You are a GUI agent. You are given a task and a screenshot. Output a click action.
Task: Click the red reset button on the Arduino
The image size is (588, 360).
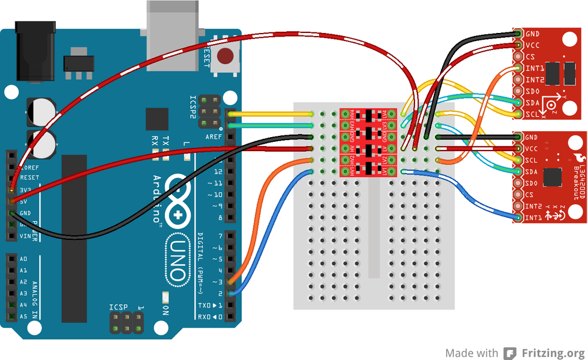224,56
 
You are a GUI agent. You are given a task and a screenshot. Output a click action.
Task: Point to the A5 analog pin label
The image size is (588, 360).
23,316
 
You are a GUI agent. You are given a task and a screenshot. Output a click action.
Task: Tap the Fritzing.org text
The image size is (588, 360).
553,353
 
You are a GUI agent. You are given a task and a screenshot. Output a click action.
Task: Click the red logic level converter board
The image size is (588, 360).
368,142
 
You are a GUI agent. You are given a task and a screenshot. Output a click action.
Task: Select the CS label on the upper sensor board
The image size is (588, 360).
530,57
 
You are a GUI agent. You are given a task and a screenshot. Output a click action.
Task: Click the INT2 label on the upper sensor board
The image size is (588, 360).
534,80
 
